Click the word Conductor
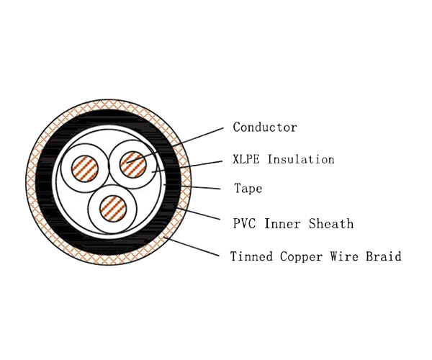[265, 127]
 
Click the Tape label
[248, 189]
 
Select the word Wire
[336, 256]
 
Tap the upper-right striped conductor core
[132, 163]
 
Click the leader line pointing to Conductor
[187, 143]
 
